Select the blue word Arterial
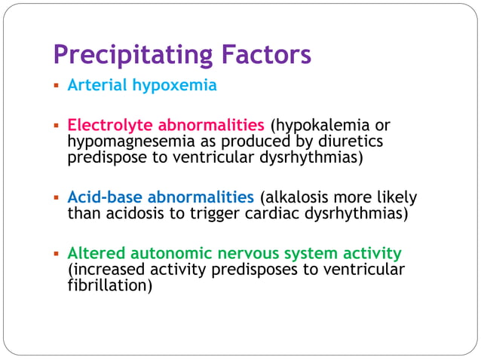point(97,85)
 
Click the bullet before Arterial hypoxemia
point(56,86)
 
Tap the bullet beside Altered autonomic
point(56,253)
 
